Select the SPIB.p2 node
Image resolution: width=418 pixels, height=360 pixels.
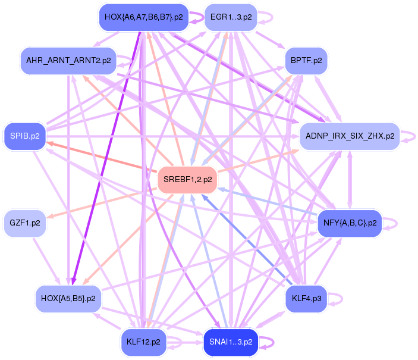(24, 136)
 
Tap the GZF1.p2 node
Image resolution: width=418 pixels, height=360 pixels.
(25, 223)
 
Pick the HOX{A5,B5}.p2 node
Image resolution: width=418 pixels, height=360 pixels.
(68, 298)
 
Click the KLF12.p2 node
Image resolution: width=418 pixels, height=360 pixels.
(144, 342)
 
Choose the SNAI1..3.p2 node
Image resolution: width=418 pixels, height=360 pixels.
(231, 342)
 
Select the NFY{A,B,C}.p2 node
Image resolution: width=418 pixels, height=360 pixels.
(350, 223)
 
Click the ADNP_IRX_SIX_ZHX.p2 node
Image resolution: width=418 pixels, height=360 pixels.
(350, 136)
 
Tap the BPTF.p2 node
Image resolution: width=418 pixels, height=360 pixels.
(306, 61)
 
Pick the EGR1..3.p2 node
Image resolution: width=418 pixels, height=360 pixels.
(231, 17)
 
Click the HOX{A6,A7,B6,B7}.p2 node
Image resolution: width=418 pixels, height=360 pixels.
(143, 17)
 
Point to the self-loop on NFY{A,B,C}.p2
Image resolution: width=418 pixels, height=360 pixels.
(394, 223)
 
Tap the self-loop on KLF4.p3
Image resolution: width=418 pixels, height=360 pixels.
(339, 297)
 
